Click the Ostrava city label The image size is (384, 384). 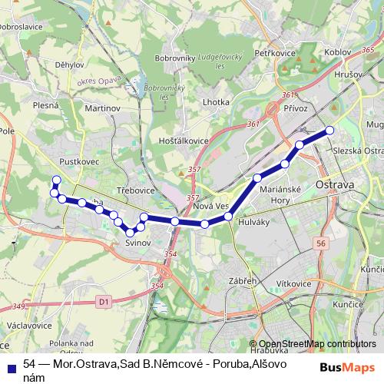click(x=335, y=186)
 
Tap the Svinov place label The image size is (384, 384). click(x=137, y=243)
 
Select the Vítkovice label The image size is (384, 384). click(x=293, y=283)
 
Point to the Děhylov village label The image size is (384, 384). click(x=70, y=65)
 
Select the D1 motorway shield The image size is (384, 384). click(x=105, y=303)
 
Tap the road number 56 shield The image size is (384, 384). click(x=320, y=243)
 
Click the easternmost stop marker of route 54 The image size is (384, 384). click(x=330, y=131)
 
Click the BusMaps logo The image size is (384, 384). click(x=347, y=367)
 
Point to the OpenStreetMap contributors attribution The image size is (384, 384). click(x=317, y=344)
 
